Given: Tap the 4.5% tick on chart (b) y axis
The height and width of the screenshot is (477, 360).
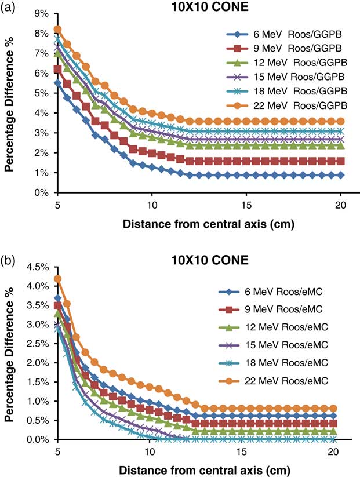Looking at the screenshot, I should (38, 267).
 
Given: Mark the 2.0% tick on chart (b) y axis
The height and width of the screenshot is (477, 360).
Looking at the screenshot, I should (38, 363).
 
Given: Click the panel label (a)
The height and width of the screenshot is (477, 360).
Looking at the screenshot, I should (9, 8).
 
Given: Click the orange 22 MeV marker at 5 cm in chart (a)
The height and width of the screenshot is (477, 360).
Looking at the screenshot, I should (57, 29).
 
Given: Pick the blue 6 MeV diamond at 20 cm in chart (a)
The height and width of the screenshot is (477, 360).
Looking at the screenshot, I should (340, 174).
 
